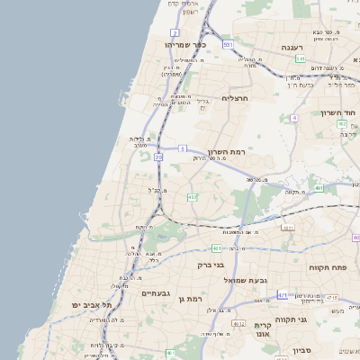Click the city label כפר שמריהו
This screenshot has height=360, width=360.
tap(186, 43)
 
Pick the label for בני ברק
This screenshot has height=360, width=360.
tap(210, 265)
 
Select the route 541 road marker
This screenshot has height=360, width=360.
tap(301, 58)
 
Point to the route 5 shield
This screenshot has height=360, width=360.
tap(183, 148)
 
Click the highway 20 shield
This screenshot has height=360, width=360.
tap(158, 157)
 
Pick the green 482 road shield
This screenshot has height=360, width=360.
tap(192, 197)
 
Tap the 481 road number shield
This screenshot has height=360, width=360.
tap(216, 247)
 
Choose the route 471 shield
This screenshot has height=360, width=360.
tap(283, 294)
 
